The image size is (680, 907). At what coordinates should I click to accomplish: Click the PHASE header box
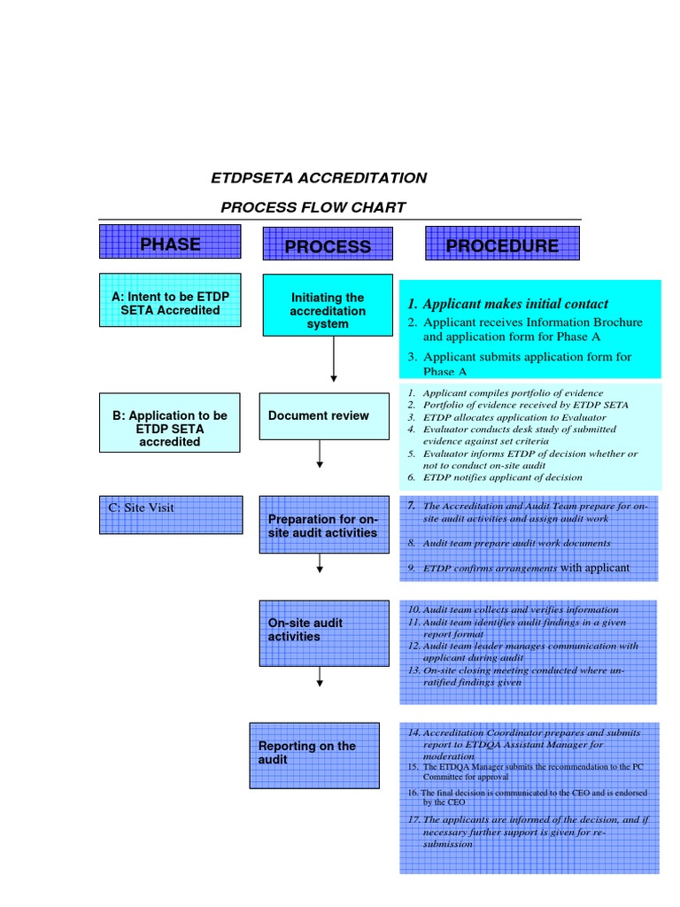(170, 242)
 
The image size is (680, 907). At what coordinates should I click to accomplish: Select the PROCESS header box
(327, 245)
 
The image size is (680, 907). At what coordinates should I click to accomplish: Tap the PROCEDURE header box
(502, 244)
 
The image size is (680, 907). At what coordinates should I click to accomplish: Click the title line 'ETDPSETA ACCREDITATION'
(319, 178)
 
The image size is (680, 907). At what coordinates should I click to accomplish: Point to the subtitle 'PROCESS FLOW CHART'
(313, 208)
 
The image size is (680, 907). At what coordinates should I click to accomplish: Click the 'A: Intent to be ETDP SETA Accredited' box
(170, 300)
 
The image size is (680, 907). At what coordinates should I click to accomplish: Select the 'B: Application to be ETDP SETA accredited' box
(170, 429)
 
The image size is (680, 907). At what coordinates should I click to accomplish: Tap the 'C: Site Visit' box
(170, 515)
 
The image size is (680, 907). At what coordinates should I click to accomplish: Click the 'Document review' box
(323, 416)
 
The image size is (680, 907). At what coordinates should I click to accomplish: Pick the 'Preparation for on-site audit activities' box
(323, 525)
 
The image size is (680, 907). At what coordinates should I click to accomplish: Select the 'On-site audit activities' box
(323, 632)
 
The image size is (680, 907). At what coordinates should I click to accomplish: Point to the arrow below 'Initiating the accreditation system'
(334, 360)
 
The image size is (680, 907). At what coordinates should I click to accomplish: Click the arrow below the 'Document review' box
(321, 453)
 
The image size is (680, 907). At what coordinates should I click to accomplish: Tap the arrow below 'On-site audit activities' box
(321, 676)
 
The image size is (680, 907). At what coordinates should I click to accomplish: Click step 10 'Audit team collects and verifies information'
(514, 609)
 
